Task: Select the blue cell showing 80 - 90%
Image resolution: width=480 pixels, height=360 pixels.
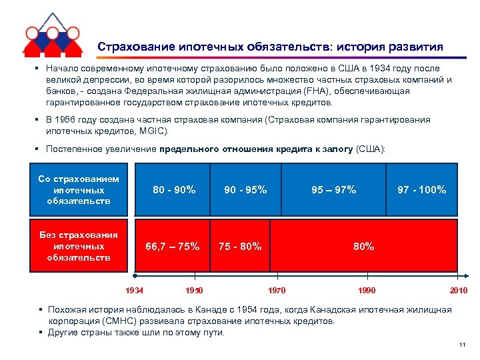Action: (x=174, y=190)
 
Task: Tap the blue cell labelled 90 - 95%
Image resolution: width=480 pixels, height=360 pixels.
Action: (x=245, y=190)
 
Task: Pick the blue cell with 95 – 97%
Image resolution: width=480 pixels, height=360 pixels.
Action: (x=334, y=190)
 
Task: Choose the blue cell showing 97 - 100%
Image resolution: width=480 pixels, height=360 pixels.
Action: (x=422, y=190)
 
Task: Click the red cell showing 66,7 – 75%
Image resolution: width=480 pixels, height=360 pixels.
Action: (x=173, y=246)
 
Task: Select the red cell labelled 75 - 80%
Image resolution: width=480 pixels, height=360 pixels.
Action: (x=240, y=246)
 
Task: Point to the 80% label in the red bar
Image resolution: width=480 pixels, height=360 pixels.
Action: (x=364, y=246)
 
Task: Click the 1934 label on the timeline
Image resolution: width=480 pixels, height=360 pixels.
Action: (x=135, y=290)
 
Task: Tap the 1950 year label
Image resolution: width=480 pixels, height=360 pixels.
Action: (x=194, y=290)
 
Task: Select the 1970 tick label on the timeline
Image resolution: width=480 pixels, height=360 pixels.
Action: (x=276, y=290)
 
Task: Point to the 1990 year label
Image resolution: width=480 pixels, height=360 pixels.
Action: (x=366, y=290)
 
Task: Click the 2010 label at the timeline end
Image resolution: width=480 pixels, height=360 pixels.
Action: (x=458, y=290)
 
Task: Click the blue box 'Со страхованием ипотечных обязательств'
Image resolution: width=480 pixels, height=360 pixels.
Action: (x=79, y=190)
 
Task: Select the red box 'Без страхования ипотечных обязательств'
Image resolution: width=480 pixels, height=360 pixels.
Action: (x=79, y=246)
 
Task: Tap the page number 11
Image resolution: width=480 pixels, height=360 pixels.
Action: (x=461, y=344)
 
